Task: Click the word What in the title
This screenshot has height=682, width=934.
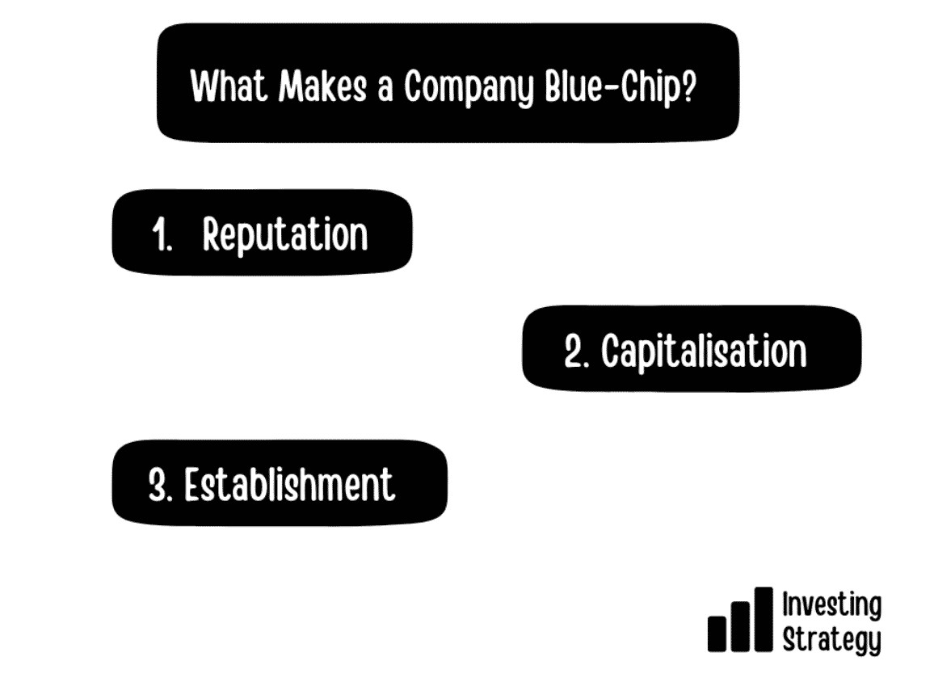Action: tap(228, 86)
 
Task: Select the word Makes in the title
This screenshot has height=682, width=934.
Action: tap(322, 86)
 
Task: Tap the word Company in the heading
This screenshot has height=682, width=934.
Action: tap(468, 87)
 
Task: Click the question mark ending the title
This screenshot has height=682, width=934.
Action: tap(688, 86)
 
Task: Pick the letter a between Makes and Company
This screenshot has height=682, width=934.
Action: tap(385, 91)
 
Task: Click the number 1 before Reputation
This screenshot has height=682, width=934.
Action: tap(161, 234)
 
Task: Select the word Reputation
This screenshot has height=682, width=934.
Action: tap(284, 236)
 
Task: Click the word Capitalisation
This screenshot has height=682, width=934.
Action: tap(704, 352)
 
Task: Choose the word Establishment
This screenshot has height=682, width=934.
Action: tap(289, 484)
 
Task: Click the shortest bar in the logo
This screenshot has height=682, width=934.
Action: tap(717, 634)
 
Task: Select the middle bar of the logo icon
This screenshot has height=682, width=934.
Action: tap(740, 626)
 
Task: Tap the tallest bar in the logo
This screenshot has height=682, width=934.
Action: tap(763, 619)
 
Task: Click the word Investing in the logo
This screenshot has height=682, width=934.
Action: tap(831, 606)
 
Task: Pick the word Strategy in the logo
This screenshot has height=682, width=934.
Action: tap(831, 640)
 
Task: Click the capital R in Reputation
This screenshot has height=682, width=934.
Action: tap(212, 234)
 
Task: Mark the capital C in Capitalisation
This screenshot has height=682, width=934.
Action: tap(611, 351)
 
